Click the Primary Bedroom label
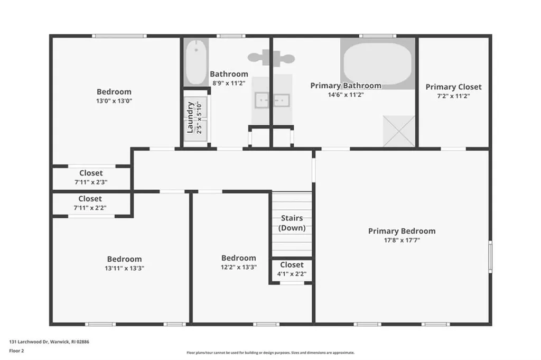pos(402,231)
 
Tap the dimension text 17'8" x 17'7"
pos(402,240)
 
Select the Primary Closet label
pos(453,87)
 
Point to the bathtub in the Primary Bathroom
pos(378,63)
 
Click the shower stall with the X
pos(399,131)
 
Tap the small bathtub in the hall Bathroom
pos(196,62)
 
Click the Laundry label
pos(190,117)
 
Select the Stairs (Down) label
pos(292,223)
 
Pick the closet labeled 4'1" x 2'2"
pos(292,270)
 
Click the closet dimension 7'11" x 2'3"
pos(91,182)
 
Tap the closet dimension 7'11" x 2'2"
pos(90,208)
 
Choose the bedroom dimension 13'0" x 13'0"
pos(114,101)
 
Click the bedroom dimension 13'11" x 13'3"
pos(125,268)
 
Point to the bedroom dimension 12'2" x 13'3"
pos(239,267)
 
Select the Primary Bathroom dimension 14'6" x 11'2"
pos(346,95)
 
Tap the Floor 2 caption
pos(16,350)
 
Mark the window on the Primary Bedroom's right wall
pos(490,256)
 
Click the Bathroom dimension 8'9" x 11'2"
pos(229,83)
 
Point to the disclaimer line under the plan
pos(270,353)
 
